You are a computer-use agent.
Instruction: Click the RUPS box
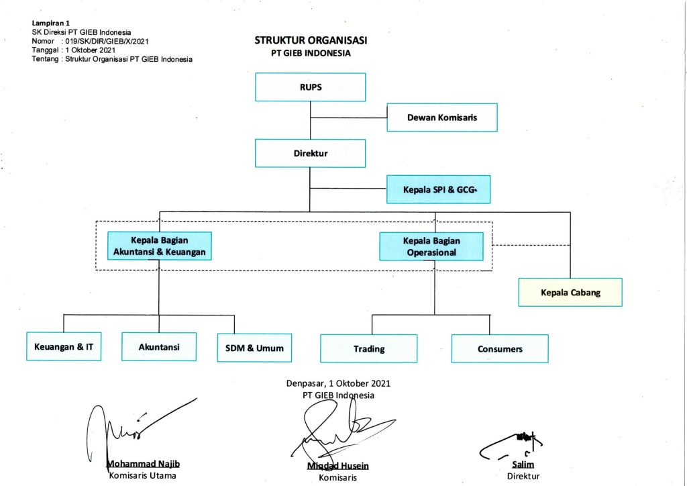point(310,87)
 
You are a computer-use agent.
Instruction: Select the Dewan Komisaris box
point(441,117)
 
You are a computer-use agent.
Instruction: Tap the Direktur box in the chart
point(310,153)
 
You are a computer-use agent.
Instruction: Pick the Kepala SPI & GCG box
point(438,189)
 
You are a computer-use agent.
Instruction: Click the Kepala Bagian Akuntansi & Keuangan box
point(159,246)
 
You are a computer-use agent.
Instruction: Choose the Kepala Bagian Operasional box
point(431,246)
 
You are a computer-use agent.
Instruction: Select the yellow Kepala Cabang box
point(570,293)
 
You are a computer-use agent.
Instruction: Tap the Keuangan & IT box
point(64,347)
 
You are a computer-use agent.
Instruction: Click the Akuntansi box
point(158,347)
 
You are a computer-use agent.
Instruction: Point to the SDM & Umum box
point(254,348)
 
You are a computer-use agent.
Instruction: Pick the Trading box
point(368,348)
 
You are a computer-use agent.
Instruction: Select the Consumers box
point(499,348)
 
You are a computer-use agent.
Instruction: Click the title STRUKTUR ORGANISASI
point(311,40)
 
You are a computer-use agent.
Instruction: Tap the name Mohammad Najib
point(143,465)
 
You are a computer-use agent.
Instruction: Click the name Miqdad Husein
point(337,466)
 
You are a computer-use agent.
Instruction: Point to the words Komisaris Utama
point(142,476)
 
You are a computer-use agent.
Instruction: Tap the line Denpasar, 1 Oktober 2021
point(338,383)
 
